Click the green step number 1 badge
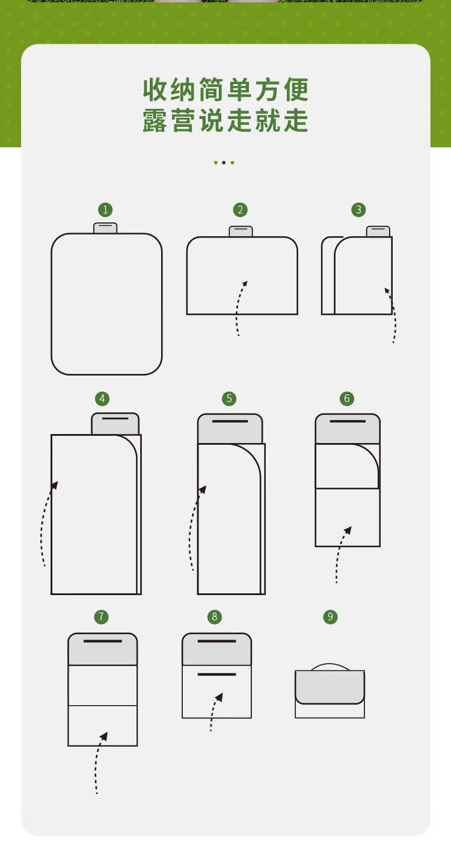pos(105,210)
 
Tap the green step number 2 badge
pos(241,210)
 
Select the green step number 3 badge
pos(358,209)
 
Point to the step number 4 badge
pos(102,399)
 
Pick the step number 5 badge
pos(229,399)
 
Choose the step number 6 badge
pos(347,399)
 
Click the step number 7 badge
pos(101,616)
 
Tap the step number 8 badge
pos(215,616)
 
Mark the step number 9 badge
pos(330,616)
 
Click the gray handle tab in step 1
pos(105,228)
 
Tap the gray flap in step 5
pos(230,429)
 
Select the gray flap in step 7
pos(102,649)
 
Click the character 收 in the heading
pos(155,90)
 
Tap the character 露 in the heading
pos(155,120)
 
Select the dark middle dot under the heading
pos(224,162)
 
